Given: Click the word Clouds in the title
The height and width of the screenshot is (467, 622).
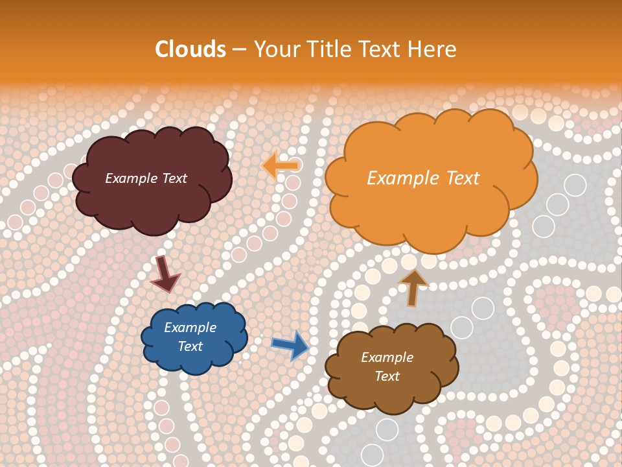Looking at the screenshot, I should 190,49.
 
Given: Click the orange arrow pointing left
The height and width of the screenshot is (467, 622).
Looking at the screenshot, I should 281,165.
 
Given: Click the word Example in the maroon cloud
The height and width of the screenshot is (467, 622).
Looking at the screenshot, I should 132,178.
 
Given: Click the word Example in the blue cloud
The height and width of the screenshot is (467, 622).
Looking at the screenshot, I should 190,328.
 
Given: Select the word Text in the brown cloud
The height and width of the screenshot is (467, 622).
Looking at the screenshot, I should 387,376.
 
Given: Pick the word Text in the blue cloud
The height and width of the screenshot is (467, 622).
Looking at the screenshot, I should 190,346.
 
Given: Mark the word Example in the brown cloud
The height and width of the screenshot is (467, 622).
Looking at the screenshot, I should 387,357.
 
